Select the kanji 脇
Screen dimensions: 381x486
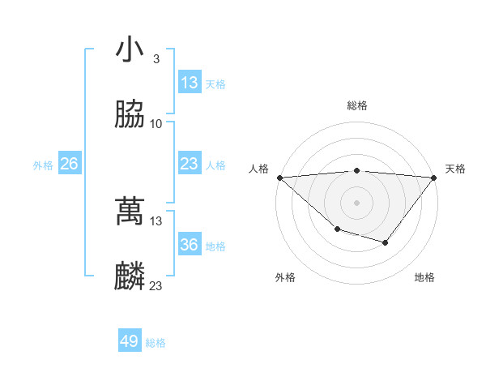130,115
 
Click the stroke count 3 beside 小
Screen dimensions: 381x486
156,59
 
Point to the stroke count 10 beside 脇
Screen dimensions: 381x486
156,124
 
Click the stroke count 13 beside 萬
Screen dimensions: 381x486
156,220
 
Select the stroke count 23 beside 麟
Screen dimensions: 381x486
156,285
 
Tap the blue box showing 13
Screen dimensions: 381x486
190,83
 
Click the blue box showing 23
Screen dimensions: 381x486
190,164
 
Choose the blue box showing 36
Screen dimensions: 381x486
190,245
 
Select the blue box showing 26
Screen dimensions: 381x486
70,164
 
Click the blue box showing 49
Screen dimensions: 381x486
130,341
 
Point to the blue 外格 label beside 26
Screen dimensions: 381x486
43,165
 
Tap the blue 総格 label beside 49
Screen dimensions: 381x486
156,343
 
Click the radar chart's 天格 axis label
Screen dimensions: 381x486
455,169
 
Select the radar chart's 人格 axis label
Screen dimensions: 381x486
258,169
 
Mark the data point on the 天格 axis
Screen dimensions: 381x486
434,177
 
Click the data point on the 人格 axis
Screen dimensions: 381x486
279,177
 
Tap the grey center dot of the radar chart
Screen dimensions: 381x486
356,202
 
